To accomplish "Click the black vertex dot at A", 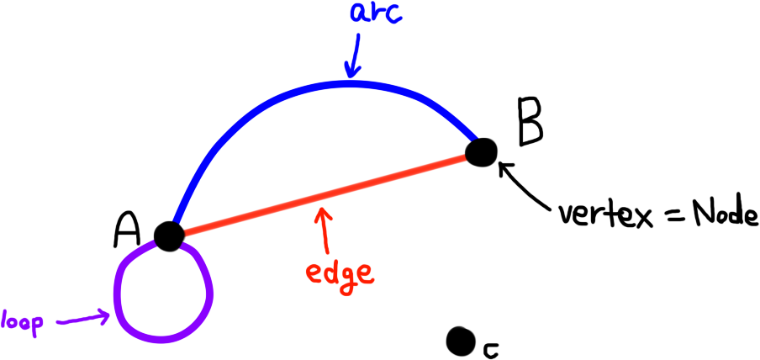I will [168, 236].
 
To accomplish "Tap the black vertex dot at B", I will [482, 153].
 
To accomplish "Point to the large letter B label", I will [529, 123].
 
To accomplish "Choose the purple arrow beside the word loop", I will [83, 320].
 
